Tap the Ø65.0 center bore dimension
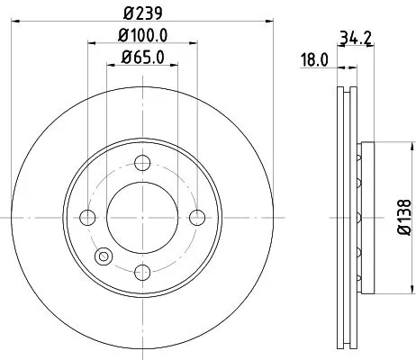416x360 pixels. [142, 61]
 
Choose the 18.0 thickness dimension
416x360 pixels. [314, 60]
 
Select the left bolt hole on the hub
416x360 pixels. [87, 217]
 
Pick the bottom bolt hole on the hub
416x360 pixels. [142, 272]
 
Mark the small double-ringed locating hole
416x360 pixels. [104, 256]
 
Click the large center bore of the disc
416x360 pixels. [142, 217]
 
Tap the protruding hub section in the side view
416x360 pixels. [364, 217]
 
